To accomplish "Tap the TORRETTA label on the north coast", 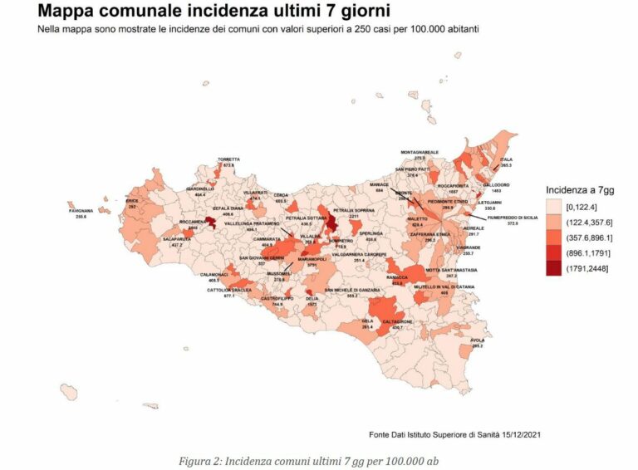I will click(228, 159).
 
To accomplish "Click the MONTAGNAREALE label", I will click(420, 153).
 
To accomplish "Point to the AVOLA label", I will click(477, 340).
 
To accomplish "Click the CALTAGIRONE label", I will click(396, 322).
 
